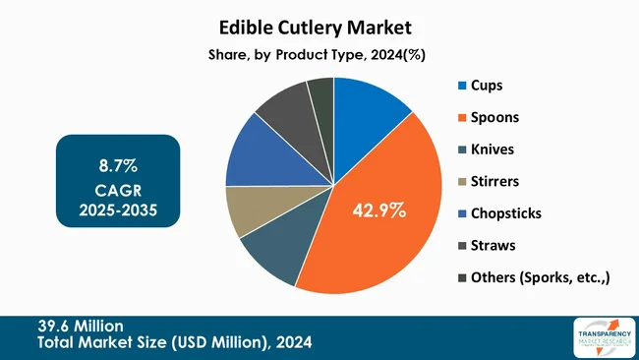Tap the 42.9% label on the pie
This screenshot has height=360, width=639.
(378, 210)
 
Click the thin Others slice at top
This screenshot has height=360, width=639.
(321, 96)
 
